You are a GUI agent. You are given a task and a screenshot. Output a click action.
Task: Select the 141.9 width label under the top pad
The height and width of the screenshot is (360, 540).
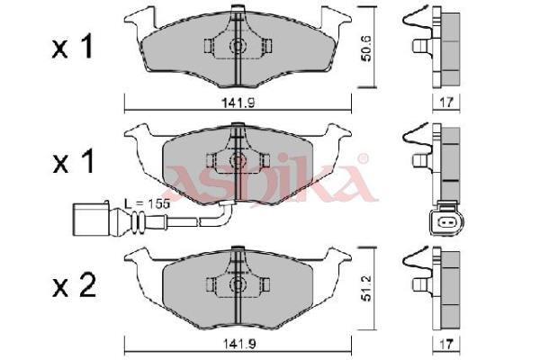pyautogui.click(x=238, y=103)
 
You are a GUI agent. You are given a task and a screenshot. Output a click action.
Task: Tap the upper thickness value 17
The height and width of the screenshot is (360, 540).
pyautogui.click(x=446, y=103)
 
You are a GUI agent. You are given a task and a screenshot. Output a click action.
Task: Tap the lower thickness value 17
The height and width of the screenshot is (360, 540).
pyautogui.click(x=446, y=344)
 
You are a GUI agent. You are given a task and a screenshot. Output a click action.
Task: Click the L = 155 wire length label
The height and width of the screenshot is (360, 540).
pyautogui.click(x=147, y=204)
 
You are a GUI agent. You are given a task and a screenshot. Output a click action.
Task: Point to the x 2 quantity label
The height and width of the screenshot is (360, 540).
pyautogui.click(x=74, y=285)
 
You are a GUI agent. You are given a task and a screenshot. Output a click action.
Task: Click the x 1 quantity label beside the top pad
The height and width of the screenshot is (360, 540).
pyautogui.click(x=72, y=48)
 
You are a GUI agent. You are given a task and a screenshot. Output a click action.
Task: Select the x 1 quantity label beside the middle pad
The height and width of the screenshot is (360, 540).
pyautogui.click(x=74, y=162)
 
